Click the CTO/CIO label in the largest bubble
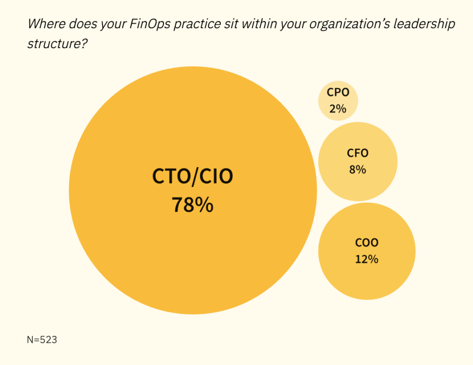click(x=193, y=177)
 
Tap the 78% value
click(x=193, y=205)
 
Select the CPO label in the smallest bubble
click(x=338, y=92)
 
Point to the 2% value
click(x=338, y=109)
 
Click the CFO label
click(x=358, y=153)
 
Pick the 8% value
click(x=358, y=170)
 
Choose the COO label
click(x=367, y=243)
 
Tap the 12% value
click(x=367, y=259)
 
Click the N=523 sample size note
click(x=42, y=340)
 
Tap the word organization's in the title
click(x=327, y=24)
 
